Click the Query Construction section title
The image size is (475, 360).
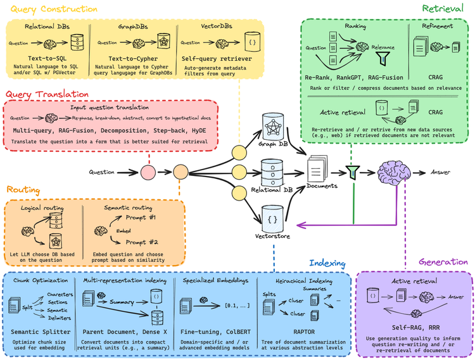point(51,9)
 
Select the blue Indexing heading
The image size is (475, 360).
point(327,263)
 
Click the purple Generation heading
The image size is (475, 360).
point(444,262)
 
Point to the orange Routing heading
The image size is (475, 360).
point(23,189)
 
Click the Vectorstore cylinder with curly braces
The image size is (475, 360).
point(273,218)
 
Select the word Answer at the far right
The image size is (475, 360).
point(441,172)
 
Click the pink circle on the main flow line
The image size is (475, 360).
point(148,172)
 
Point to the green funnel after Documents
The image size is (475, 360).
point(352,171)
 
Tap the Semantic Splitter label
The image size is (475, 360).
point(38,330)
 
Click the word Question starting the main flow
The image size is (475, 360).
point(101,172)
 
